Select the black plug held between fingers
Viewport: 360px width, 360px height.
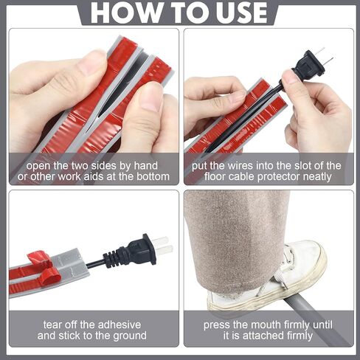coord(308,64)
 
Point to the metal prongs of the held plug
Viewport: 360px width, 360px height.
coord(325,58)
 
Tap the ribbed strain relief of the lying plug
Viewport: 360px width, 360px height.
coord(112,257)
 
